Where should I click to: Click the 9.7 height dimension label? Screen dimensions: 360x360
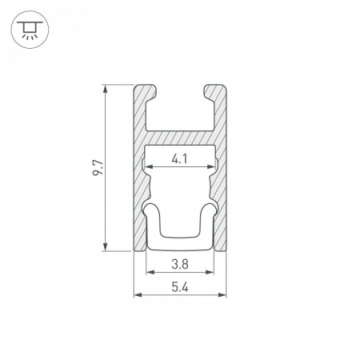[98, 167]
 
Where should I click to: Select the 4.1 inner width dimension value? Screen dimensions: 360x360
[179, 159]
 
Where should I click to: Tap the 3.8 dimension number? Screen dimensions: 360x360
[180, 264]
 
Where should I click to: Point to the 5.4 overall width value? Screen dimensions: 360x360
[180, 287]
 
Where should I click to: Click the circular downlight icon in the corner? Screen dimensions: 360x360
[30, 30]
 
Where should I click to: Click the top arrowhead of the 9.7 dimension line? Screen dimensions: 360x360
[106, 89]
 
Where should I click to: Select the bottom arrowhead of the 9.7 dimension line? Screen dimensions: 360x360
[106, 247]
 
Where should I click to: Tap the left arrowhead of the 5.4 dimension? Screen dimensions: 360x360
[138, 294]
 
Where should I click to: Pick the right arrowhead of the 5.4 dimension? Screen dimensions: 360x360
[222, 294]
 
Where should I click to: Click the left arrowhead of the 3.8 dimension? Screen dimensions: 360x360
[150, 272]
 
